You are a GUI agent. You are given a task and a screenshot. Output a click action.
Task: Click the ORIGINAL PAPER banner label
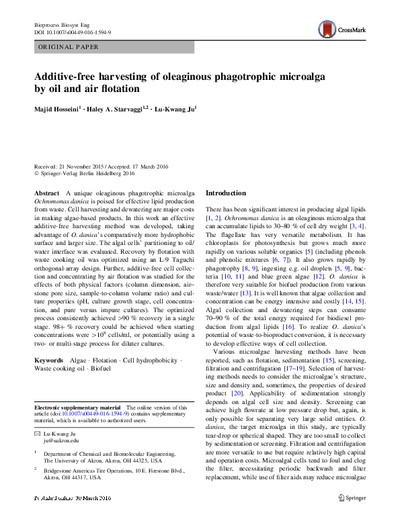(x=69, y=47)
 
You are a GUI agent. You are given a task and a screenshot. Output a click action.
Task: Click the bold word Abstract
(x=46, y=193)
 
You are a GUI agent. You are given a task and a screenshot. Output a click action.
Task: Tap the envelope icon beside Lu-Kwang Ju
(x=37, y=434)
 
